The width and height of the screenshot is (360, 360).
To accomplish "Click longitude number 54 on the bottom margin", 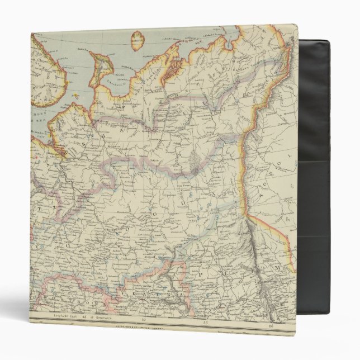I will pos(145,320).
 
